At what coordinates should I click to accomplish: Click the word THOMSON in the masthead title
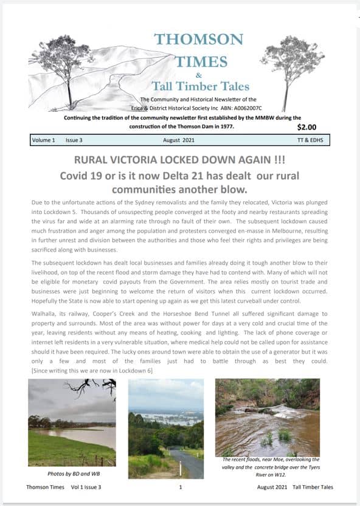(198, 40)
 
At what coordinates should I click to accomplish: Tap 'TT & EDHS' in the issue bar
(313, 140)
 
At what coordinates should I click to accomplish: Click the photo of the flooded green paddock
(72, 422)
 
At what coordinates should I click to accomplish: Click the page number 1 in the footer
(180, 487)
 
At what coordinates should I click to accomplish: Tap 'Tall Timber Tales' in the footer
(313, 487)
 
